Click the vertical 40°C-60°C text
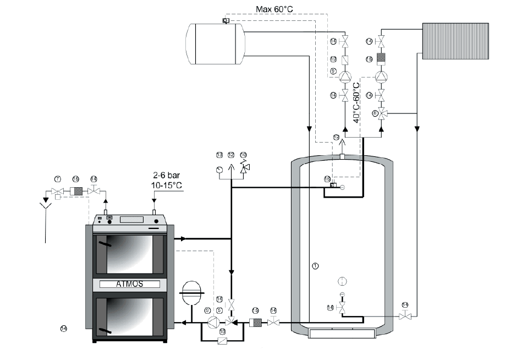356,102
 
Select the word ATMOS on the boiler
129,285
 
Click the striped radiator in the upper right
455,41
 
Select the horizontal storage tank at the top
215,43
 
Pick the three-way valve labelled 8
383,113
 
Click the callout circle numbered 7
57,179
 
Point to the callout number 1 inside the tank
315,266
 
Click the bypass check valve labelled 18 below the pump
222,341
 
